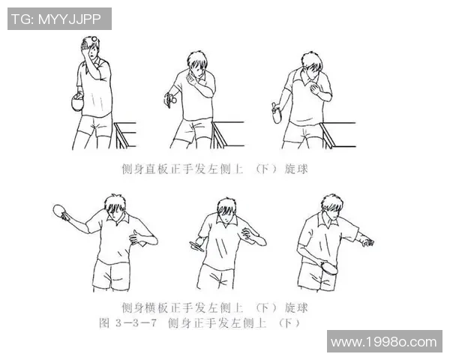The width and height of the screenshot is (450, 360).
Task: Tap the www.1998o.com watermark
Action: point(383,342)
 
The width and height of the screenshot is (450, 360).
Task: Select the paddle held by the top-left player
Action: point(75,103)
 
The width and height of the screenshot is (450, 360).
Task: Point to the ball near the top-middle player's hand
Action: point(172,97)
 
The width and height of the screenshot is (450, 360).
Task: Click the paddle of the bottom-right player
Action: point(328,266)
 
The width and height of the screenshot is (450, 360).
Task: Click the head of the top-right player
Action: point(313,66)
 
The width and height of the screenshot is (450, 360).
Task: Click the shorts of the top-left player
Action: point(94,124)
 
